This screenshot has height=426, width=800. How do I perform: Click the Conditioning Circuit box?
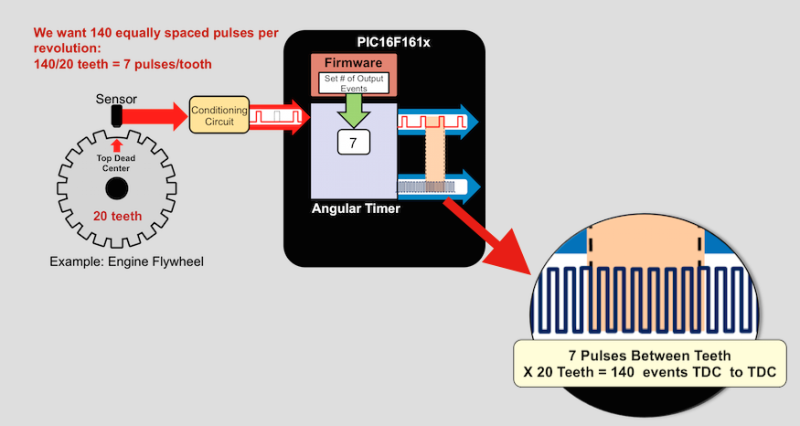(219, 115)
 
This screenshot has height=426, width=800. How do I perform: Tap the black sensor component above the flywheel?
(117, 116)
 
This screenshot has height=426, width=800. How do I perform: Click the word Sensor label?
(117, 98)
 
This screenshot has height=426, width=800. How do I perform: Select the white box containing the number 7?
(353, 143)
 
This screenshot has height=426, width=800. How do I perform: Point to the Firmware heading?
(353, 64)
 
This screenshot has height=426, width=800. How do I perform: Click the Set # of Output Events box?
(353, 83)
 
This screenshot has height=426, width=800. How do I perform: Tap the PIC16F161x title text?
(397, 42)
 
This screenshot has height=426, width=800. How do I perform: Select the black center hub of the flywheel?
(116, 188)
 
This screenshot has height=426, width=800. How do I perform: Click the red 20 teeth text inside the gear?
(116, 217)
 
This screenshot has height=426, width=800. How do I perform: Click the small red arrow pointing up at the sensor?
(116, 144)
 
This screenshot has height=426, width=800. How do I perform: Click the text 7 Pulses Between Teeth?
(649, 356)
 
